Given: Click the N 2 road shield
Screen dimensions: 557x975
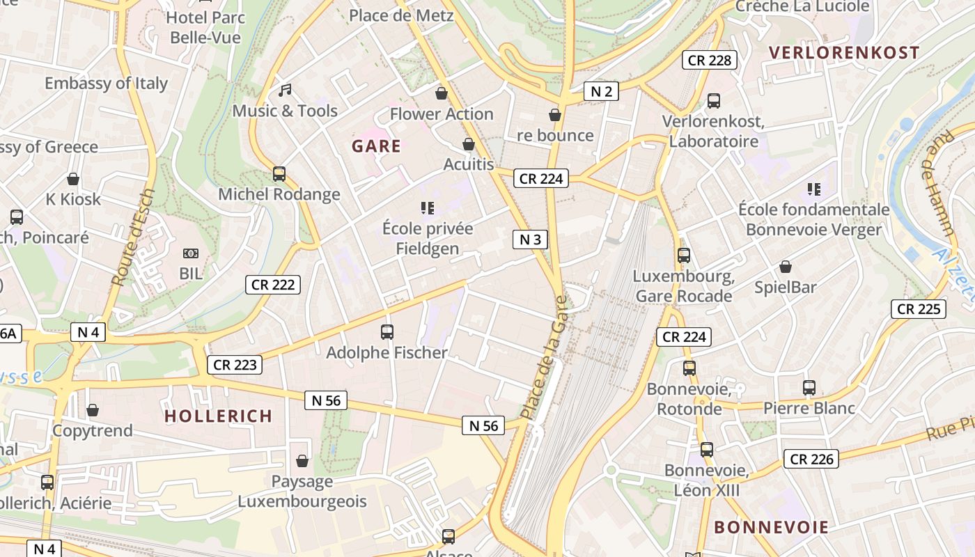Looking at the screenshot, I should pyautogui.click(x=601, y=91).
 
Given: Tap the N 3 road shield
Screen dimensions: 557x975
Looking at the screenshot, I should pyautogui.click(x=530, y=240).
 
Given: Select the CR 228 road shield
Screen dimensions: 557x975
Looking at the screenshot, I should pyautogui.click(x=709, y=60).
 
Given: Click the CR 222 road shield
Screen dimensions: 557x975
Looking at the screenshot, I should pyautogui.click(x=273, y=284).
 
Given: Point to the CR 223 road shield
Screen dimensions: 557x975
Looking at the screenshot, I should pyautogui.click(x=235, y=364).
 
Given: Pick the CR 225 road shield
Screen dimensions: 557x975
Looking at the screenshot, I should pyautogui.click(x=919, y=309).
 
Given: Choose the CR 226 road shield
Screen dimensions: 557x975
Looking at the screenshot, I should pyautogui.click(x=811, y=459).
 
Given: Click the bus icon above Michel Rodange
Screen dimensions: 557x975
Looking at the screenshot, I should pyautogui.click(x=279, y=174).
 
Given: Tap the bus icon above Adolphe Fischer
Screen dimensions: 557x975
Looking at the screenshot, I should pyautogui.click(x=387, y=332).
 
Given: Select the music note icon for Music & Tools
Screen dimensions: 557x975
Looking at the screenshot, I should pyautogui.click(x=284, y=90).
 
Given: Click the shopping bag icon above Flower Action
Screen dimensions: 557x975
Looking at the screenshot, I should pyautogui.click(x=441, y=93).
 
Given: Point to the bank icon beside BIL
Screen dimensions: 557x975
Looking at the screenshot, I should pyautogui.click(x=190, y=253).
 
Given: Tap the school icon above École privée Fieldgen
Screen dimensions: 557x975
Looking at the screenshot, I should pyautogui.click(x=428, y=207).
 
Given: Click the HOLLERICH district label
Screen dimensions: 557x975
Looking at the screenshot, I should pyautogui.click(x=218, y=416).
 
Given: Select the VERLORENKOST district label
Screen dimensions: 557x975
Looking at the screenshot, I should pyautogui.click(x=843, y=53).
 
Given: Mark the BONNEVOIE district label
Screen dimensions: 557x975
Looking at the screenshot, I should pyautogui.click(x=772, y=527).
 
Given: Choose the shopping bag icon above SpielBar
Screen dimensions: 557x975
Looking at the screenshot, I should pyautogui.click(x=786, y=267).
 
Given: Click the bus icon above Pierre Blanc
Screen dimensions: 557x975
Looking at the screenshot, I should pyautogui.click(x=809, y=388).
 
